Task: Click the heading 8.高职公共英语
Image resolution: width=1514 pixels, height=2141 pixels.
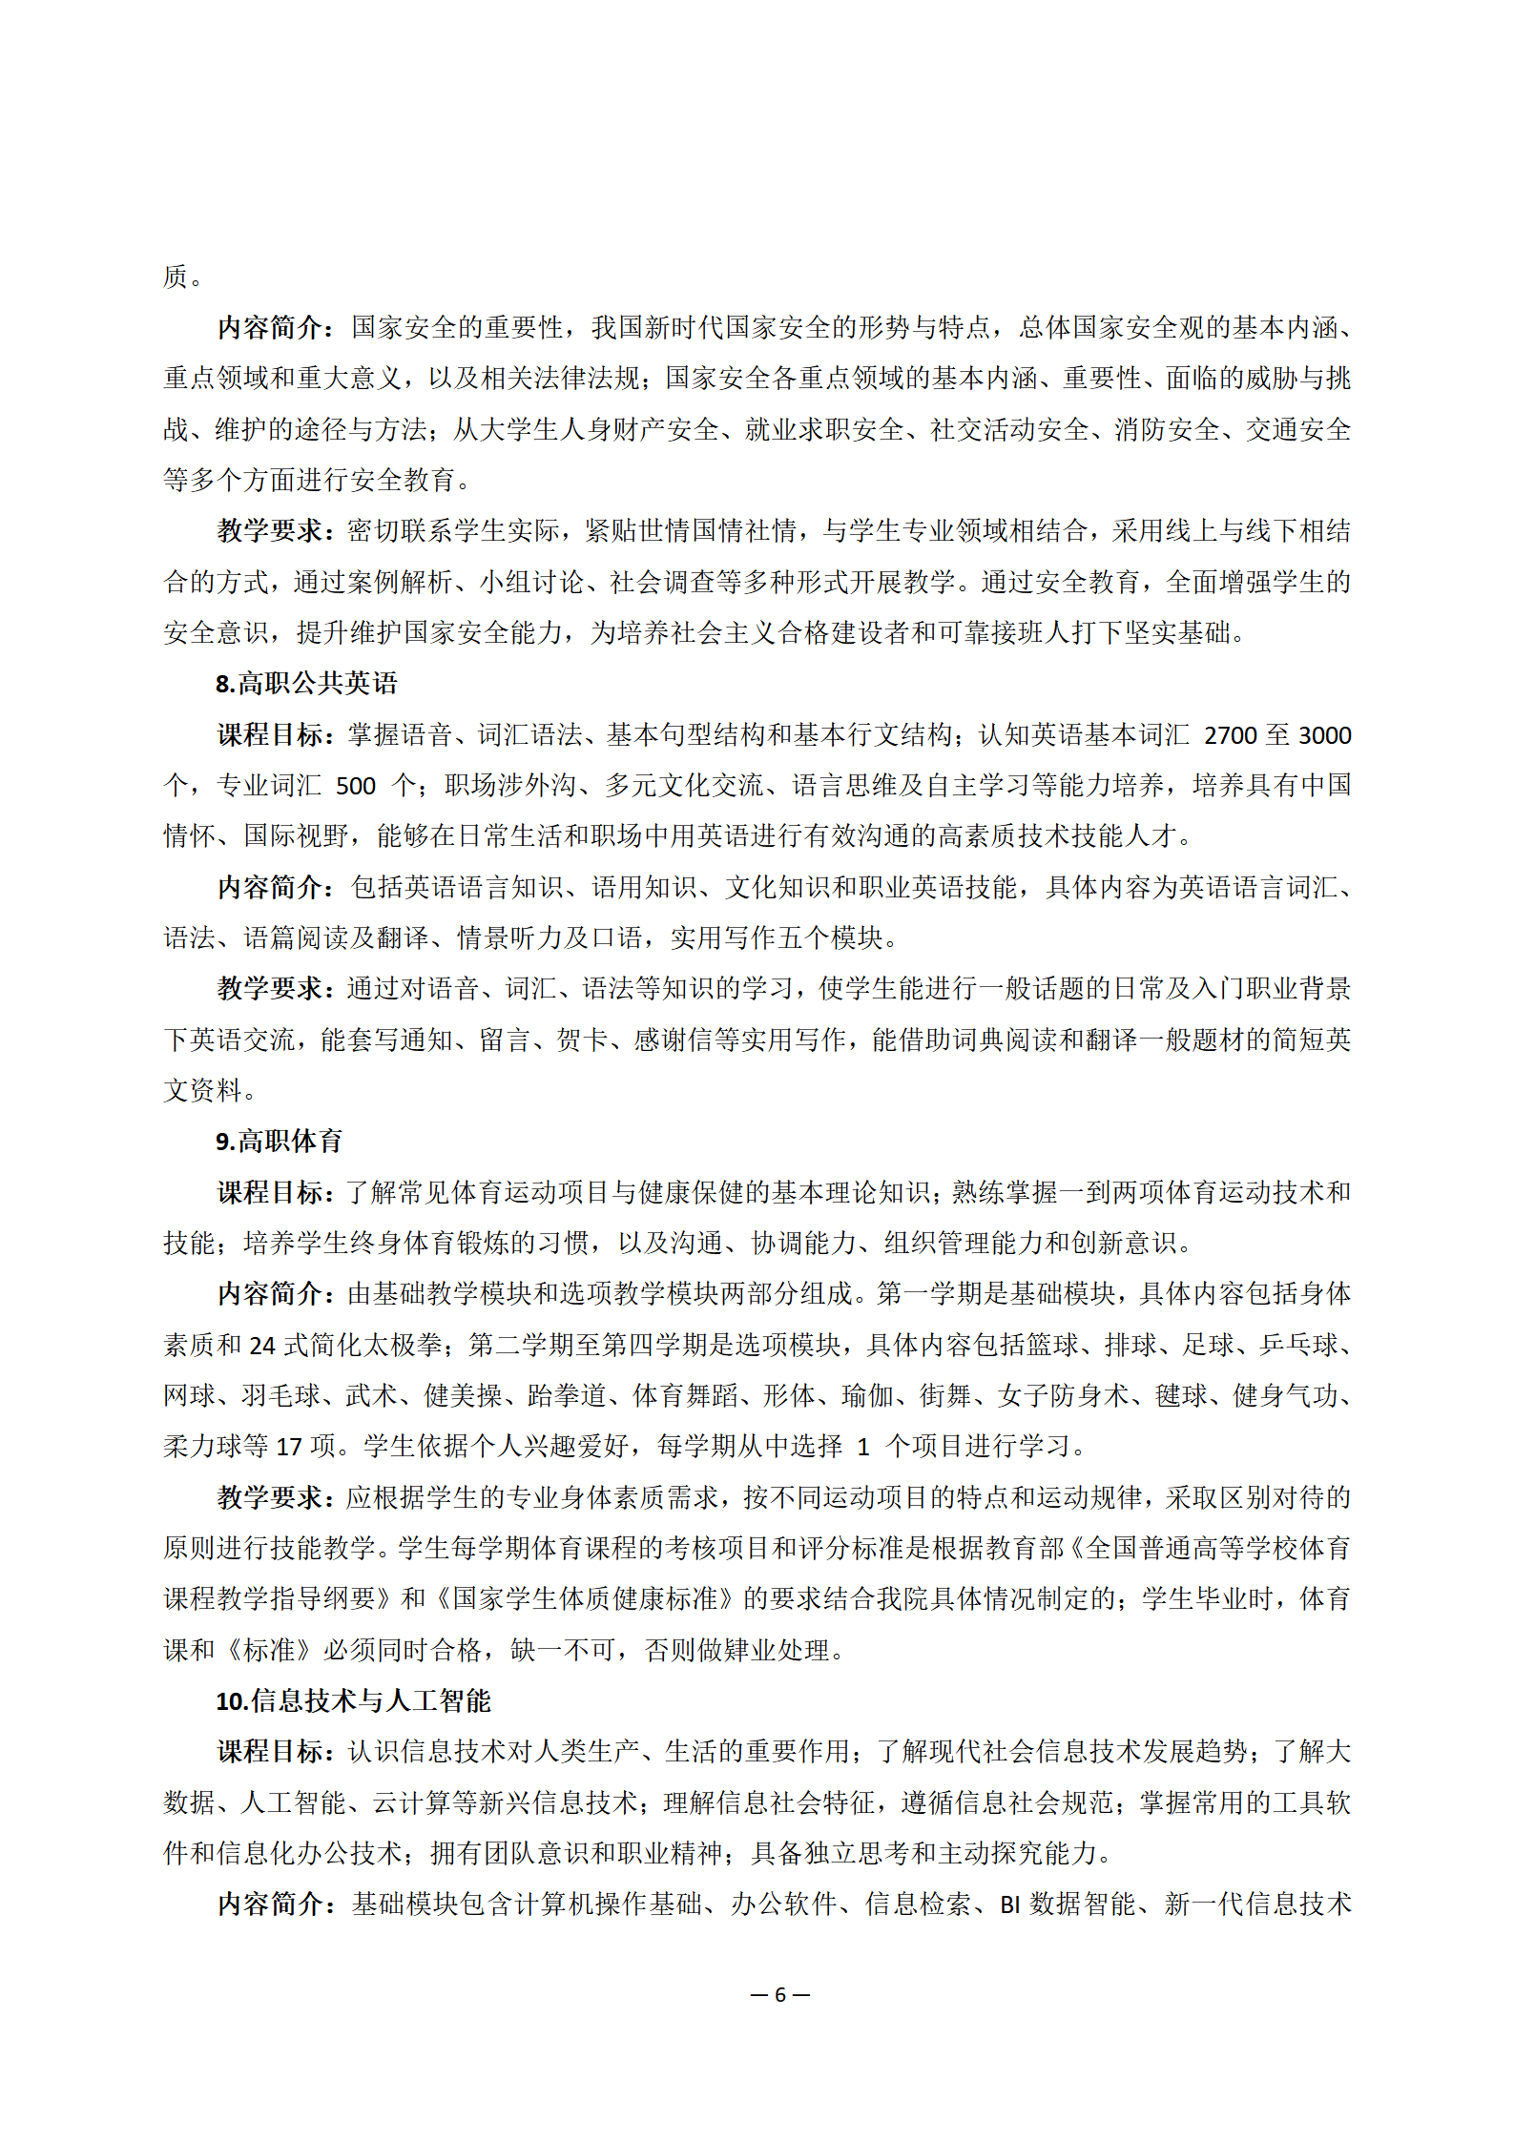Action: [x=305, y=684]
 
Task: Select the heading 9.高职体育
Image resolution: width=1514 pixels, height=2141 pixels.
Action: [x=279, y=1142]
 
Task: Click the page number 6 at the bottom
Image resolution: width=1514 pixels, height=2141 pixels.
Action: [x=779, y=1995]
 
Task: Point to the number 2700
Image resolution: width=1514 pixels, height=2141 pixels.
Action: [x=1230, y=735]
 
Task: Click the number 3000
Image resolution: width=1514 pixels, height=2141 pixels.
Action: [x=1324, y=735]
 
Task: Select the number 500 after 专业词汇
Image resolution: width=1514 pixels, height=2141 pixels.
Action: [x=356, y=786]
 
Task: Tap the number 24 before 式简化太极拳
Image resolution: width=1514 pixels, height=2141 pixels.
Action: [x=262, y=1346]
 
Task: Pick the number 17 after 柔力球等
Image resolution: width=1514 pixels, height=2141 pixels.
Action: [x=289, y=1447]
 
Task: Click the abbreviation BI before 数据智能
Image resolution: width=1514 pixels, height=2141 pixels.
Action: [x=1010, y=1904]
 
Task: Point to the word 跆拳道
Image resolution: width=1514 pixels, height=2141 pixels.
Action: [x=567, y=1396]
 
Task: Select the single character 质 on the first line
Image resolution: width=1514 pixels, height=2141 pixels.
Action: [x=176, y=278]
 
